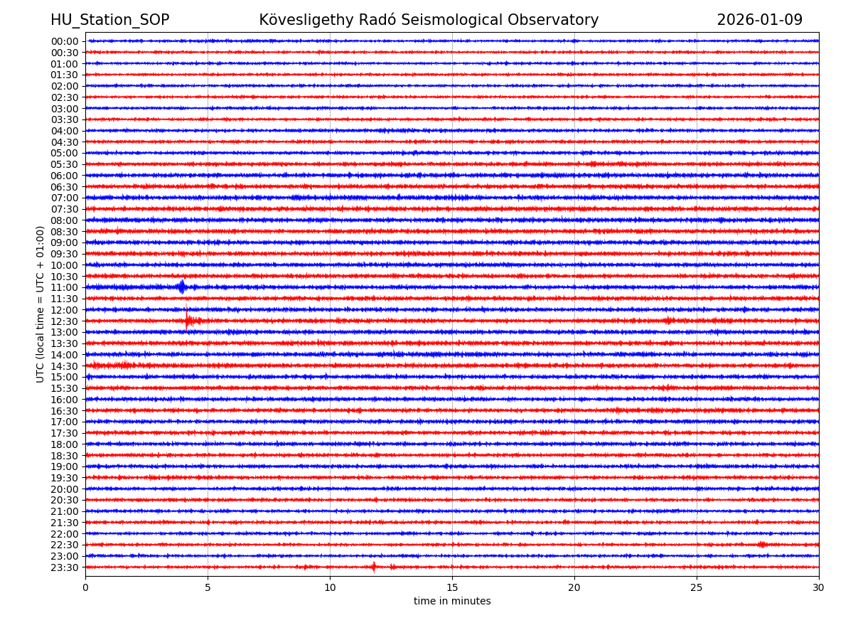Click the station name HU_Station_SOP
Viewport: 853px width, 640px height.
click(109, 20)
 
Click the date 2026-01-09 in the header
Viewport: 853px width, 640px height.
click(759, 20)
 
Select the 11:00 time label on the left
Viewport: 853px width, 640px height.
click(65, 287)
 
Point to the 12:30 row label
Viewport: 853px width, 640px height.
click(65, 321)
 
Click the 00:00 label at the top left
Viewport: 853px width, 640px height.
click(65, 41)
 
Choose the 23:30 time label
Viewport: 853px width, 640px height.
click(65, 567)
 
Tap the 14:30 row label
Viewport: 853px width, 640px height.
click(65, 366)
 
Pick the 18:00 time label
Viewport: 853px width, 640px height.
click(65, 444)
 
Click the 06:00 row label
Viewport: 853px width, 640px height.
click(65, 176)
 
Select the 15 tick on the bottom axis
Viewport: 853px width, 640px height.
click(452, 587)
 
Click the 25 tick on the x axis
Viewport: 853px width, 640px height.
click(697, 587)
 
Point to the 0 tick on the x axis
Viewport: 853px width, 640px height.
click(85, 587)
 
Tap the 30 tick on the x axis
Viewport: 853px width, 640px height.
click(819, 587)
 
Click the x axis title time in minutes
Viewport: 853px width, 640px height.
click(452, 602)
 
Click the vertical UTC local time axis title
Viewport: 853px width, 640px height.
click(41, 304)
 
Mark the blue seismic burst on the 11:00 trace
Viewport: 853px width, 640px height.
click(182, 287)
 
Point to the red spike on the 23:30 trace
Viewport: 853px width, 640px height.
click(374, 567)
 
